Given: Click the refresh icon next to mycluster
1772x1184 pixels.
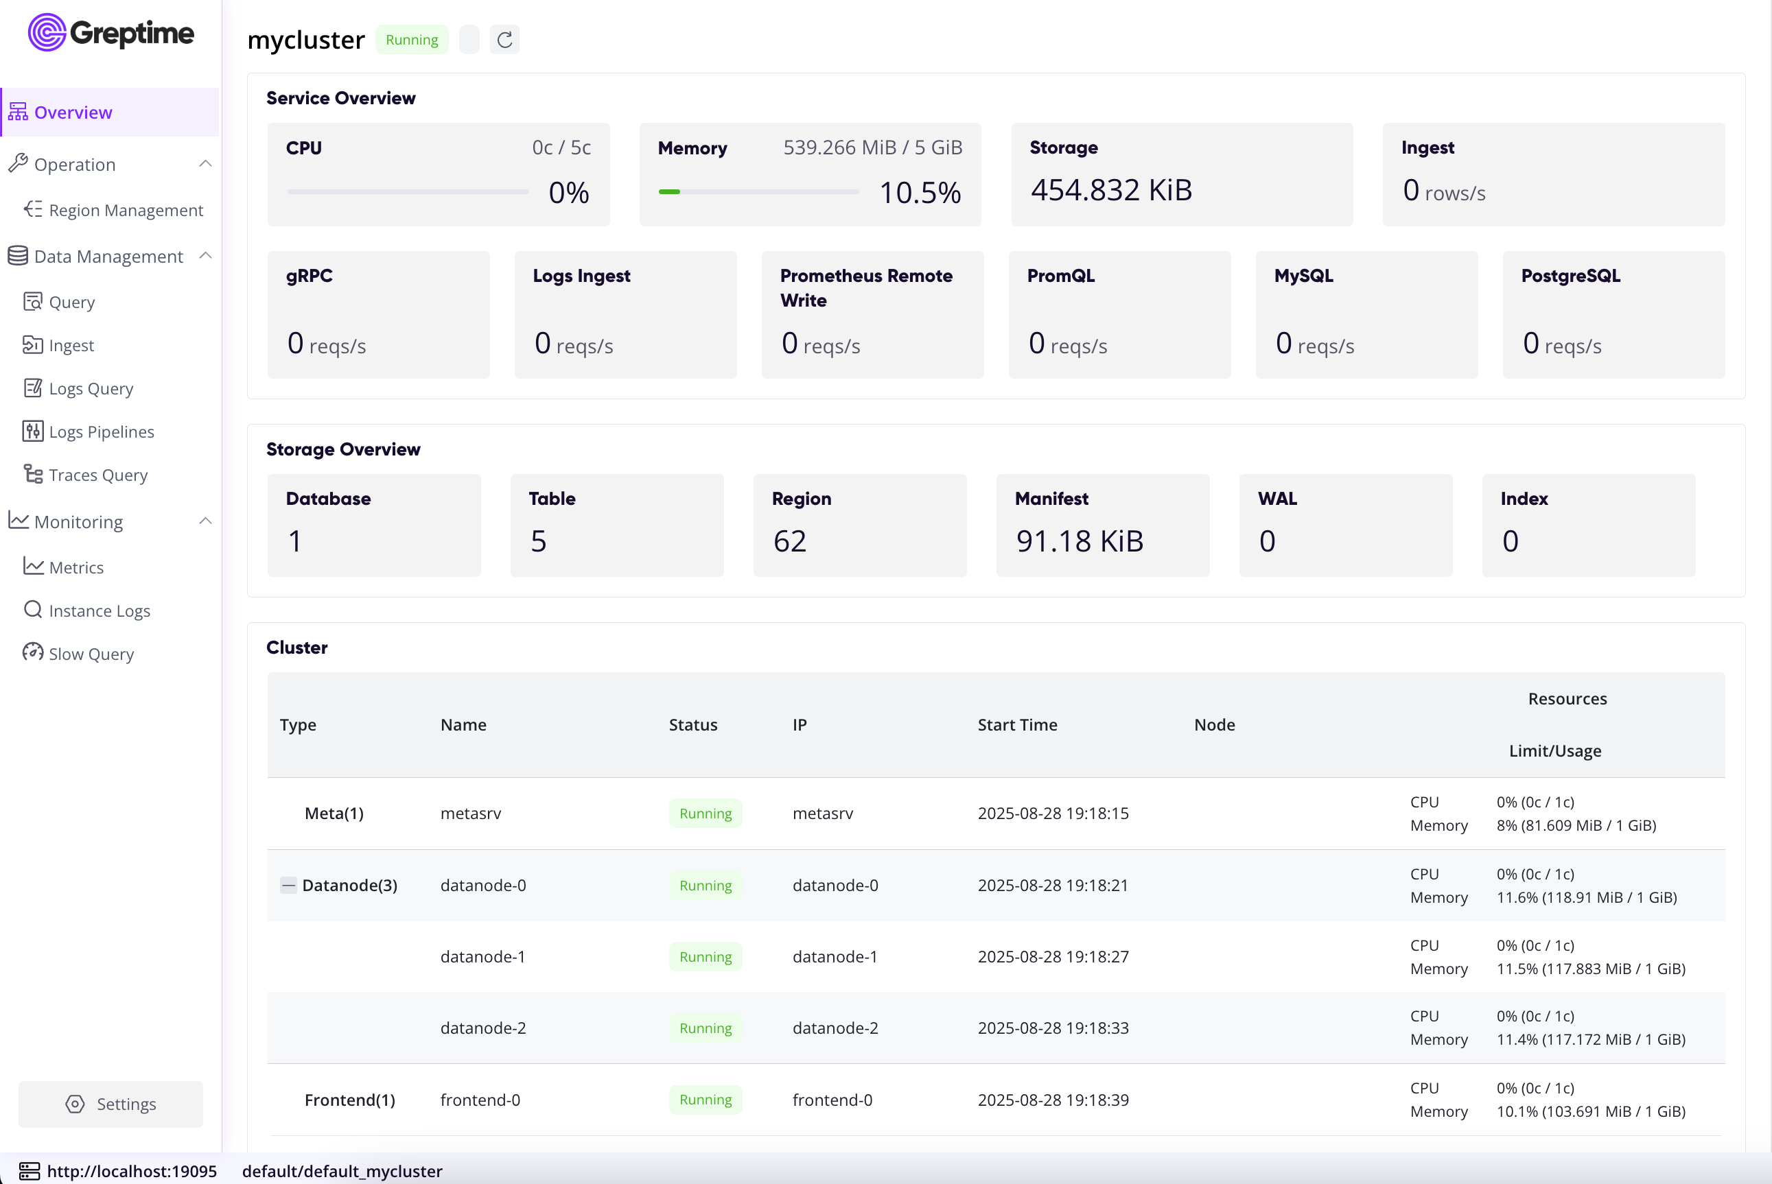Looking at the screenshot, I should pos(504,39).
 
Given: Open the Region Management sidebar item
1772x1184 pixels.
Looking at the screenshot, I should pos(126,210).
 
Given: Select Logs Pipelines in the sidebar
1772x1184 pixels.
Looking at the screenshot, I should pos(101,432).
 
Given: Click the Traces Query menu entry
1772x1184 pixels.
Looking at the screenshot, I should pos(98,475).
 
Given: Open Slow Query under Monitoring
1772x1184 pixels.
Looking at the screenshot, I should pos(91,654).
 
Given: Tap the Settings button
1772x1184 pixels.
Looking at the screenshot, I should pos(110,1104).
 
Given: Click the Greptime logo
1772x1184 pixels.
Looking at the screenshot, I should pos(111,32).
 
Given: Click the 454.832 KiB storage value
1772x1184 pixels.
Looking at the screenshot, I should pos(1111,189).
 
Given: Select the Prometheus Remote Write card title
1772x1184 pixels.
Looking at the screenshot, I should pos(865,287).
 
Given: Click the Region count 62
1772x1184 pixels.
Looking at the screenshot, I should pos(789,541).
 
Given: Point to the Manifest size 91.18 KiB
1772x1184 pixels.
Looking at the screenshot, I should pos(1080,541).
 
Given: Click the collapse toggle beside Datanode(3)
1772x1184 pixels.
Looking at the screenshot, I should pos(288,885).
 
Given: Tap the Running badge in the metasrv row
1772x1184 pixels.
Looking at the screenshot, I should pos(705,814).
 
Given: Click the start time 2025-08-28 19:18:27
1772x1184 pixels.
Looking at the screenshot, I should pos(1053,957).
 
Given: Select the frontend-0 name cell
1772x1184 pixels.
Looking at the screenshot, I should pos(480,1100).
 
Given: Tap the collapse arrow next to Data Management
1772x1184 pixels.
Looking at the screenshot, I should pos(205,256).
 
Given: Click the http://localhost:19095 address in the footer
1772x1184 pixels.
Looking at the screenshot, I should pos(132,1171).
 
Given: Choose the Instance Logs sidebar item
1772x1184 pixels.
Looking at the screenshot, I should pos(99,611).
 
